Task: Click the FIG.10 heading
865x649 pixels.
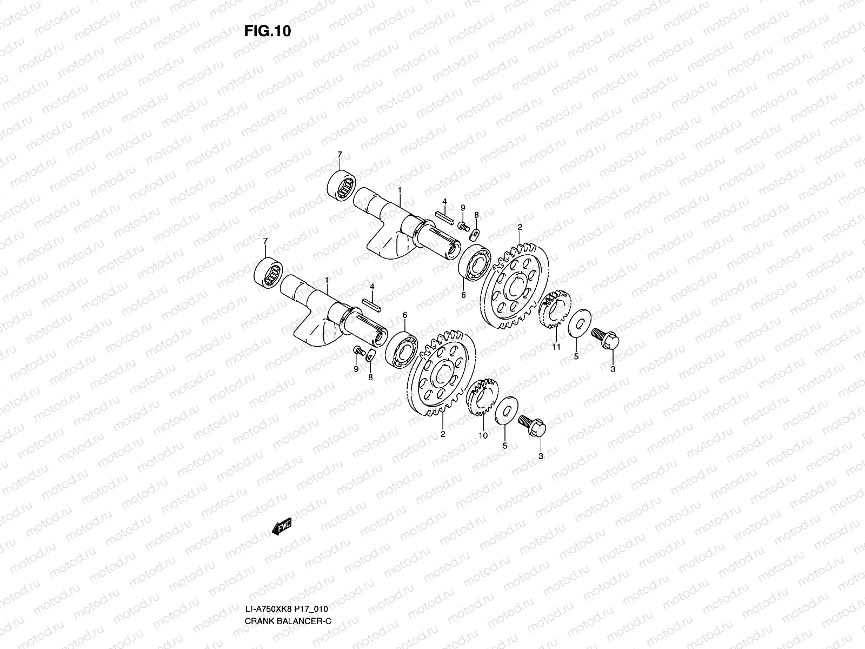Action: pyautogui.click(x=268, y=31)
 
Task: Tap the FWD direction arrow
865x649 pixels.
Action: pyautogui.click(x=282, y=526)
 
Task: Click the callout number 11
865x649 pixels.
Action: pyautogui.click(x=556, y=347)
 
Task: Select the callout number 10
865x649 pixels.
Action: pyautogui.click(x=483, y=435)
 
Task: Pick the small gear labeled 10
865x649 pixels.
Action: pyautogui.click(x=482, y=397)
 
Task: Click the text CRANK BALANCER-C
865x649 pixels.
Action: pyautogui.click(x=288, y=621)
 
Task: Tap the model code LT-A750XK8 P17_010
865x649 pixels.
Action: pyautogui.click(x=287, y=609)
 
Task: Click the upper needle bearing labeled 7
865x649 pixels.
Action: pyautogui.click(x=341, y=185)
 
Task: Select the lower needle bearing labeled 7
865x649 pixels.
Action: pyautogui.click(x=268, y=272)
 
